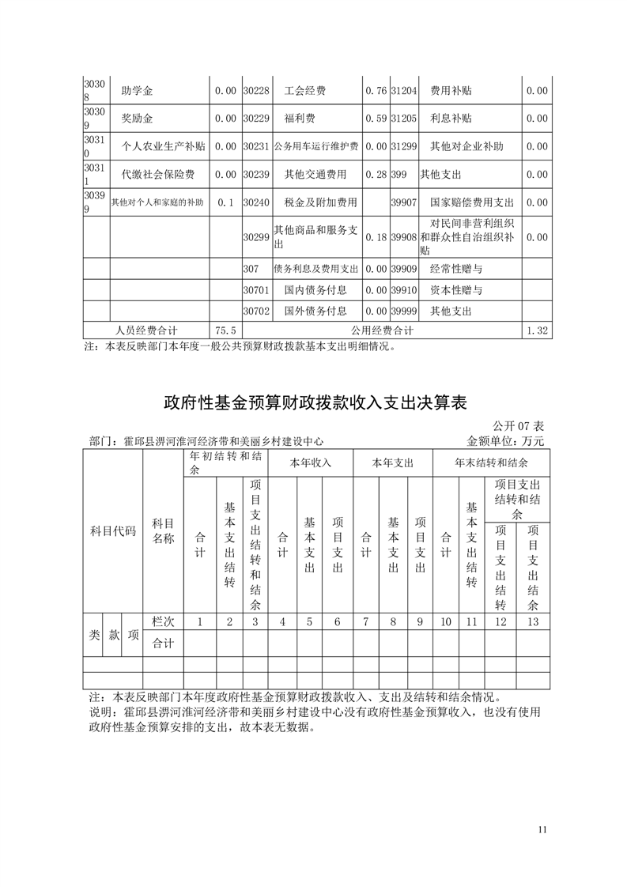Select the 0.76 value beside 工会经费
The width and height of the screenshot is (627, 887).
(x=376, y=91)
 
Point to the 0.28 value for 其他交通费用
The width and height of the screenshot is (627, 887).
(x=376, y=174)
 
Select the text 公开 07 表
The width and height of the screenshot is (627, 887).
(x=518, y=427)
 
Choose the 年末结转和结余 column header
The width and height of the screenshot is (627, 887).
(x=491, y=462)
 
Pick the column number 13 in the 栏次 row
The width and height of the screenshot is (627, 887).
(x=533, y=621)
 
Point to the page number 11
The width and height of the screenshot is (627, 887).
(x=542, y=829)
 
